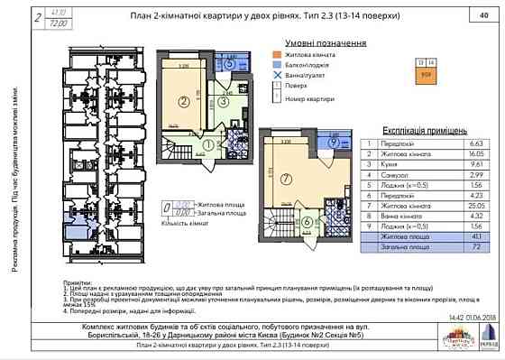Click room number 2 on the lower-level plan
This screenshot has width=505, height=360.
click(182, 102)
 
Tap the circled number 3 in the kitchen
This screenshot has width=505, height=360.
click(222, 103)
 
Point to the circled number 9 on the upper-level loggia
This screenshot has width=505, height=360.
click(333, 143)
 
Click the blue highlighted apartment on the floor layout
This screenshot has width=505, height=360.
click(73, 217)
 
